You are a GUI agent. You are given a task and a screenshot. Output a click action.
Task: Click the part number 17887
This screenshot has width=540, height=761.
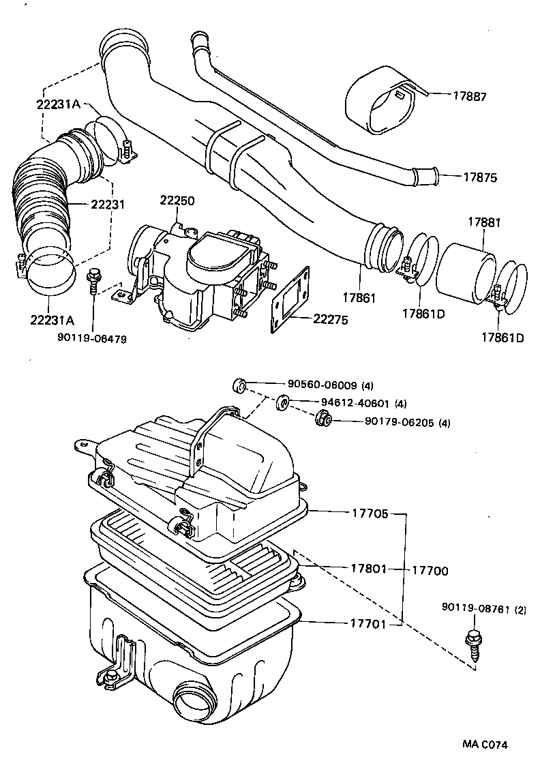click(470, 97)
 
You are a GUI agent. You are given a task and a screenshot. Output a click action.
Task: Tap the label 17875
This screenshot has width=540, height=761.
click(480, 177)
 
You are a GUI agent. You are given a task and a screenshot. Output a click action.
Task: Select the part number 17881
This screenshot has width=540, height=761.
click(483, 222)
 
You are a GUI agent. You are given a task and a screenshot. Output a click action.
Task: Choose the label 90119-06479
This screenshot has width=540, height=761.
click(93, 338)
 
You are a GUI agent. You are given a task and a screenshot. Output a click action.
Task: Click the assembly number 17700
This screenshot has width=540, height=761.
click(429, 570)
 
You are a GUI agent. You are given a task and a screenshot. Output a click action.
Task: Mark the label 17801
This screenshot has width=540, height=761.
click(370, 567)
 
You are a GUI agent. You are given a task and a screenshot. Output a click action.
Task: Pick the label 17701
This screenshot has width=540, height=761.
click(370, 623)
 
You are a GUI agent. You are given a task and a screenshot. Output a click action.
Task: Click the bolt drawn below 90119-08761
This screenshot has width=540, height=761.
click(472, 644)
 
